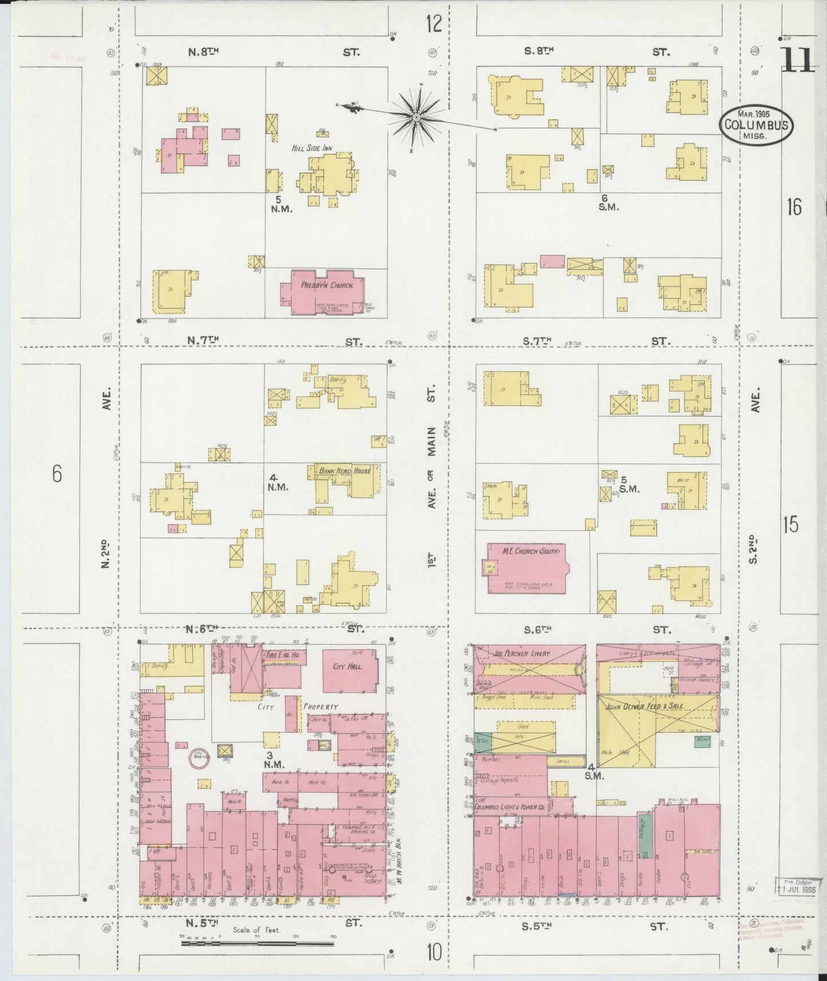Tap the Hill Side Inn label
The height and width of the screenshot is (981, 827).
coord(312,148)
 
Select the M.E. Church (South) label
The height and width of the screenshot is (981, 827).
coord(523,551)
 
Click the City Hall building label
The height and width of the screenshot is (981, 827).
coord(347,667)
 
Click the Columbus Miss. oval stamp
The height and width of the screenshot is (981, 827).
coord(757,125)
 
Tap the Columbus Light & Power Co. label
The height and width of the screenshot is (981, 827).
coord(509,807)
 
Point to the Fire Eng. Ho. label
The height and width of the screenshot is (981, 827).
coord(280,654)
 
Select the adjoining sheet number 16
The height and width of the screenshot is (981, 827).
coord(794,207)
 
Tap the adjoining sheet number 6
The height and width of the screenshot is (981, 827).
coord(56,474)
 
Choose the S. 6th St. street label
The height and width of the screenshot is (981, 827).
coord(538,630)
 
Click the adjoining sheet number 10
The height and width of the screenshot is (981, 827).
coord(434,952)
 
